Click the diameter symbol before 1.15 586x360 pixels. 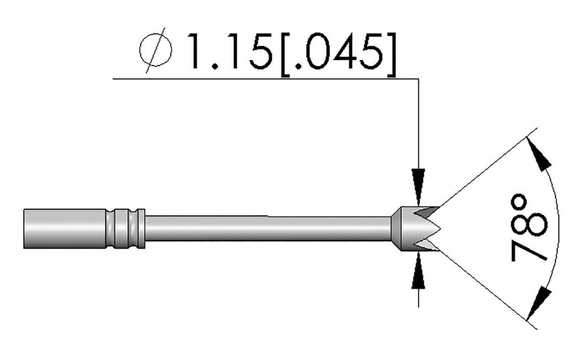click(x=156, y=52)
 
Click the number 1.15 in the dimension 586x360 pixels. click(x=228, y=52)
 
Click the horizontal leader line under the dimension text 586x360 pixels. click(x=263, y=78)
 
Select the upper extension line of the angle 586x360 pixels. click(x=486, y=167)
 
